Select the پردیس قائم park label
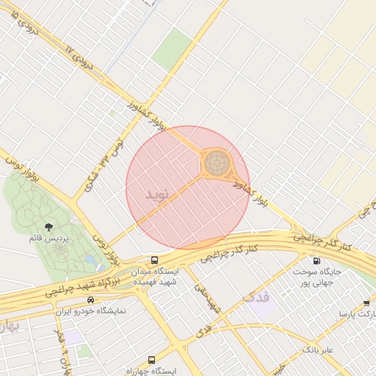pyautogui.click(x=48, y=239)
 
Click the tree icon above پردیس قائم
pyautogui.click(x=48, y=227)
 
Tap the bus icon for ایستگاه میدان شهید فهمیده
pyautogui.click(x=154, y=260)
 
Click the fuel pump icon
pyautogui.click(x=317, y=260)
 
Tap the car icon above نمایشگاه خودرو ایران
pyautogui.click(x=90, y=300)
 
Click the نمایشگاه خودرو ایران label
pyautogui.click(x=91, y=311)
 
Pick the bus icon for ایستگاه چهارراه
pyautogui.click(x=151, y=360)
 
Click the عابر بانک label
pyautogui.click(x=317, y=350)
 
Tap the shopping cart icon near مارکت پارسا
pyautogui.click(x=366, y=303)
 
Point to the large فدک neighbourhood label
pyautogui.click(x=256, y=297)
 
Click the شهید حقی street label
pyautogui.click(x=208, y=297)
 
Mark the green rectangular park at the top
pyautogui.click(x=172, y=49)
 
